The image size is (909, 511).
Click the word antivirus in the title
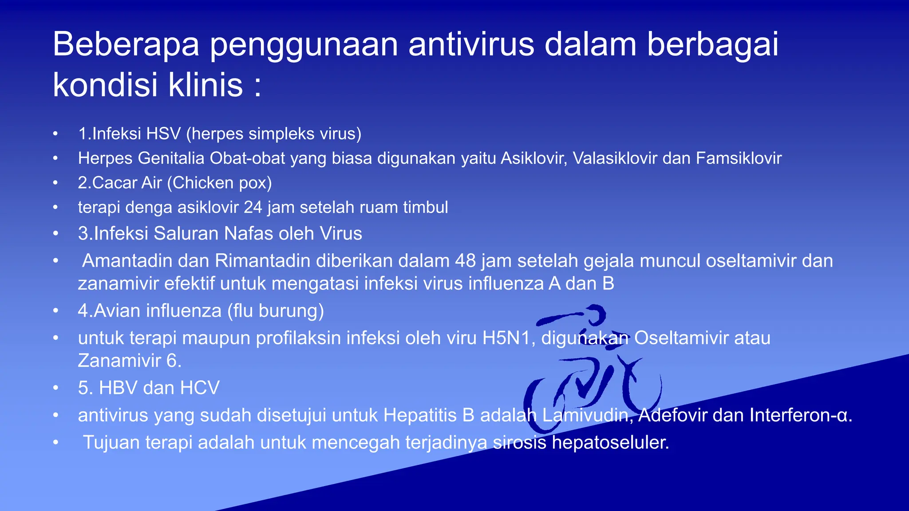(x=471, y=44)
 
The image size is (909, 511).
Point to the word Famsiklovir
(x=739, y=158)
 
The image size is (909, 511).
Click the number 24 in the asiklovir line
(x=253, y=207)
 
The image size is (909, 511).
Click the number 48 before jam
(x=466, y=261)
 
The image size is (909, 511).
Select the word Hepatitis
(x=429, y=415)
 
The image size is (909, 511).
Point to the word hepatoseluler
(x=610, y=442)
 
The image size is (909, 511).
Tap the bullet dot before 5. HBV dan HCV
(x=55, y=388)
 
